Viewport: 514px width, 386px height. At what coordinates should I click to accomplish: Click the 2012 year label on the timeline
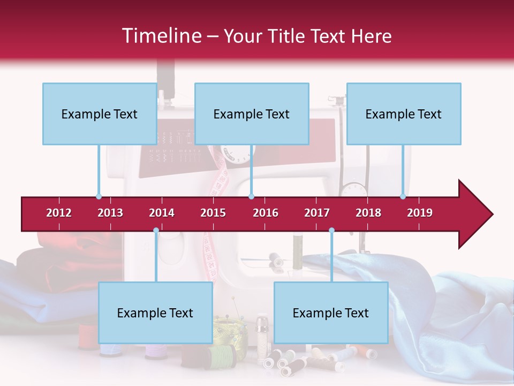59,213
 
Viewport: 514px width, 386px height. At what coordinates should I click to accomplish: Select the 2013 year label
110,213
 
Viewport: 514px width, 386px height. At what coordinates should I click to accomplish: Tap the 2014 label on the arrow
162,213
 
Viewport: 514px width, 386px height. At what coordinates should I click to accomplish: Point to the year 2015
213,213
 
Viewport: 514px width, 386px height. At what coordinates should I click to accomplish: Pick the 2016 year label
266,213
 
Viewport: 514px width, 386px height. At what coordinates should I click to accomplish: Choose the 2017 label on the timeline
317,213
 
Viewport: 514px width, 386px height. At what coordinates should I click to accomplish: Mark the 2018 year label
368,213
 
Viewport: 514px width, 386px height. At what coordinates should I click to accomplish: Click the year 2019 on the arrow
420,213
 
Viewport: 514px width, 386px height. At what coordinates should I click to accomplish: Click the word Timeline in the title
161,36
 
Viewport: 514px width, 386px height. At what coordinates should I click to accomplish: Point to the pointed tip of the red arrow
492,214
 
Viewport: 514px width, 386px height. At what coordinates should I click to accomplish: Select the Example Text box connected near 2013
100,114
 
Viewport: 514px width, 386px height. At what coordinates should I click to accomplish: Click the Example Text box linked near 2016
252,114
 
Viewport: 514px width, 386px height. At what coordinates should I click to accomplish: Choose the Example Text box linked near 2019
404,114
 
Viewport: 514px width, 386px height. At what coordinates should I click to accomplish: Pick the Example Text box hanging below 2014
155,313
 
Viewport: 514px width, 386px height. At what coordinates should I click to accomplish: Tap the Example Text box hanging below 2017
331,313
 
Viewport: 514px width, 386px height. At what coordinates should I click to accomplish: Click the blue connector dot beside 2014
156,231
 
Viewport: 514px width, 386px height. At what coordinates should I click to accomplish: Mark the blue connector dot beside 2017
331,231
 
